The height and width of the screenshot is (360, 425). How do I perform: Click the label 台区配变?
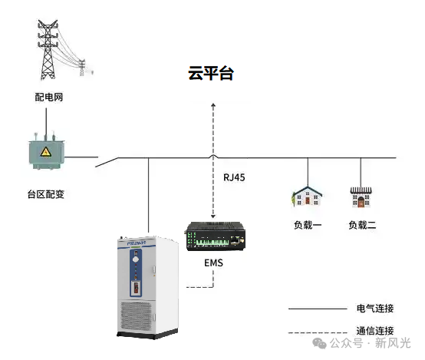click(x=45, y=193)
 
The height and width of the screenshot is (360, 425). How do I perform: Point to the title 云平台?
click(x=211, y=74)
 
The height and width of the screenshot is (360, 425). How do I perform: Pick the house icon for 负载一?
click(x=305, y=197)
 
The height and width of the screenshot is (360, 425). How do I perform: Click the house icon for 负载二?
click(x=361, y=197)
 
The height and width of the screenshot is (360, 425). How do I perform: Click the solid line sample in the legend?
click(x=317, y=309)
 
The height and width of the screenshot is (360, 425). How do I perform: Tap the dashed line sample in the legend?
click(x=317, y=332)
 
